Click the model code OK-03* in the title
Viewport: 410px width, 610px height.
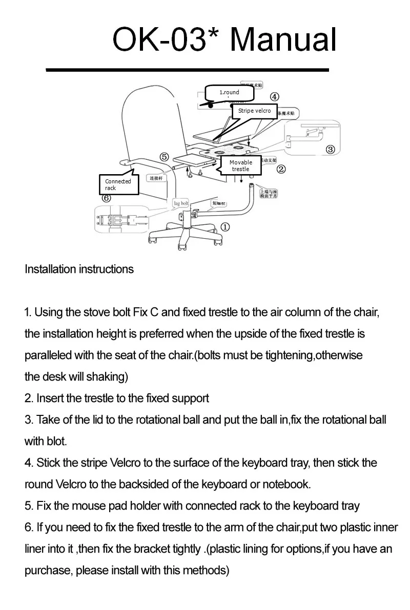[x=166, y=39]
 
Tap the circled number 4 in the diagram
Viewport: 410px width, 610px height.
[x=275, y=97]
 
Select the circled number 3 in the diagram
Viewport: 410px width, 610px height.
[x=330, y=149]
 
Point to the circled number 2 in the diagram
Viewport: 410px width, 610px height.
[x=281, y=169]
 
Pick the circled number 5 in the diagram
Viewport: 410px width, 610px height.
[x=163, y=157]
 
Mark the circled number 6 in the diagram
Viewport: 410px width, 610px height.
[x=107, y=198]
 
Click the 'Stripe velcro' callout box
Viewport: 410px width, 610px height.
[x=254, y=111]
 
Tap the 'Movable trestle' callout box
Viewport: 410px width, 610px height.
[x=240, y=165]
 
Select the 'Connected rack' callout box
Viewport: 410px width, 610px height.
[x=118, y=184]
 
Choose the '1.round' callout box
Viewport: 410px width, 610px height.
[x=230, y=93]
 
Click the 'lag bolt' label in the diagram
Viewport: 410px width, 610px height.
[x=181, y=203]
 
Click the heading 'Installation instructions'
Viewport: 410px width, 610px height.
[x=79, y=269]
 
